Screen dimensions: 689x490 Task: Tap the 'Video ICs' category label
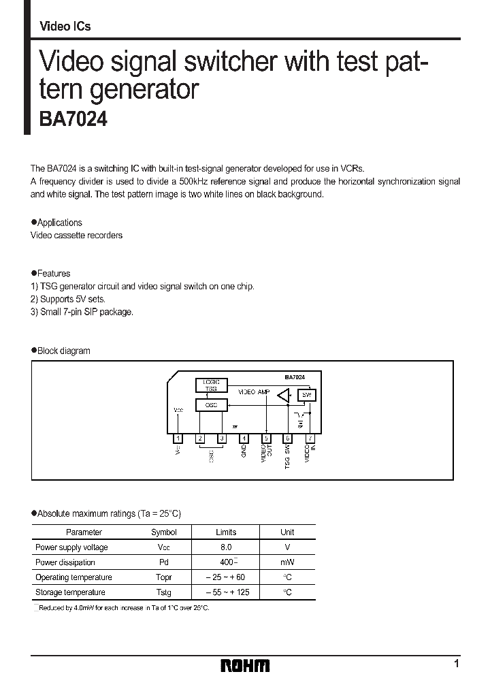click(x=65, y=27)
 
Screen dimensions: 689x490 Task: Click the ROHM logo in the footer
click(x=245, y=665)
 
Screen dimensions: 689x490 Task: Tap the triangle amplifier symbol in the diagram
click(x=284, y=396)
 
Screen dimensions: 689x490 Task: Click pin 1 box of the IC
click(x=178, y=438)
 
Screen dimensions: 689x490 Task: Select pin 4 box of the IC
click(x=244, y=438)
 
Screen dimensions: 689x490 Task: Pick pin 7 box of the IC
click(x=310, y=438)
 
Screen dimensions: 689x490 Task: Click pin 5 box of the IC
click(x=266, y=438)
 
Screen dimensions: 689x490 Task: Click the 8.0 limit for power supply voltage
click(x=226, y=547)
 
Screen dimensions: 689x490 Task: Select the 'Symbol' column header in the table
click(x=163, y=532)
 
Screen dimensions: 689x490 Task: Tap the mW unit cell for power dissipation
click(x=287, y=562)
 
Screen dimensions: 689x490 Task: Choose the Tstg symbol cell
click(x=163, y=592)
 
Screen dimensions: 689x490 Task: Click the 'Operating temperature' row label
click(x=70, y=577)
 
